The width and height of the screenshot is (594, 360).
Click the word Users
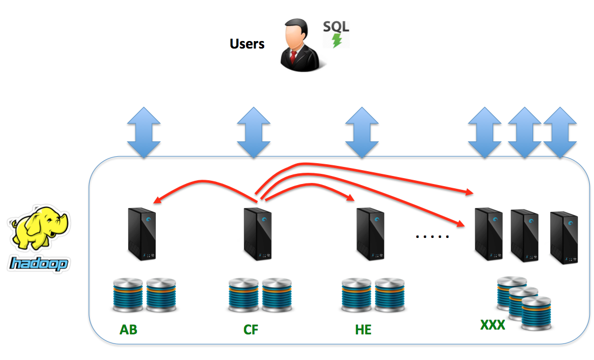[247, 44]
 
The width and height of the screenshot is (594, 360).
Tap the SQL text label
[336, 27]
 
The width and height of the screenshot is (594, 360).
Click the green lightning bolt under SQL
[337, 41]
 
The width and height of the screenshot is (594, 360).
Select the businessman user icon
[300, 45]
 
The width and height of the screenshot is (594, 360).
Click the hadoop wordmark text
[39, 263]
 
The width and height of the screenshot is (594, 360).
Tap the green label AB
[129, 330]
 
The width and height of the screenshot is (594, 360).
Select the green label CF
[251, 330]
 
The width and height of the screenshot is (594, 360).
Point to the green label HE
[363, 330]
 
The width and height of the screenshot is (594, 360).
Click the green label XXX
[493, 324]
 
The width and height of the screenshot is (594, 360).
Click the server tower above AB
[141, 234]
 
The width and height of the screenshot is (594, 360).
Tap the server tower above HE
[370, 234]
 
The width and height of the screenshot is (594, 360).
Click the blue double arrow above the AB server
[144, 132]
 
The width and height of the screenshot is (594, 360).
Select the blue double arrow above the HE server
[362, 132]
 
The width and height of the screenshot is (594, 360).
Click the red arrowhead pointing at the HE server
[351, 198]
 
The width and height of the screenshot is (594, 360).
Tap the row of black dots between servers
[432, 235]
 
